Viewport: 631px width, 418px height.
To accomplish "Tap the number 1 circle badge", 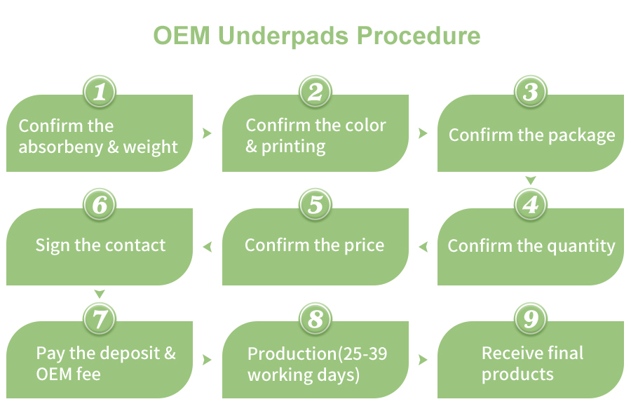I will point(100,92).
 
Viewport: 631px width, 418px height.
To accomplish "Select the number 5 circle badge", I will point(315,205).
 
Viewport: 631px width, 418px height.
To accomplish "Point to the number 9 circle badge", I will point(531,319).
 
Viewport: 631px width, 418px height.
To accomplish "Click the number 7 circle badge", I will point(100,319).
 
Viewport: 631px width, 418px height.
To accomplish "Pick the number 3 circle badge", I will point(531,92).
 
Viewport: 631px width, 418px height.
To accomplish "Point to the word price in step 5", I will point(365,245).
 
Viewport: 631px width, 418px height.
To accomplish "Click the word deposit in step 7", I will point(126,353).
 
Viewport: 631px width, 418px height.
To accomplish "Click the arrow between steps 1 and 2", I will point(207,133).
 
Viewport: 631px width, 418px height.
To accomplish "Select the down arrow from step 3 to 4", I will point(531,181).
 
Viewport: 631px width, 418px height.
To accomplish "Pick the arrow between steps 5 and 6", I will point(208,246).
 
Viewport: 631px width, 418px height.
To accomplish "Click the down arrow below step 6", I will point(100,294).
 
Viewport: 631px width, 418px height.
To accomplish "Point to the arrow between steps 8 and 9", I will point(423,360).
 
